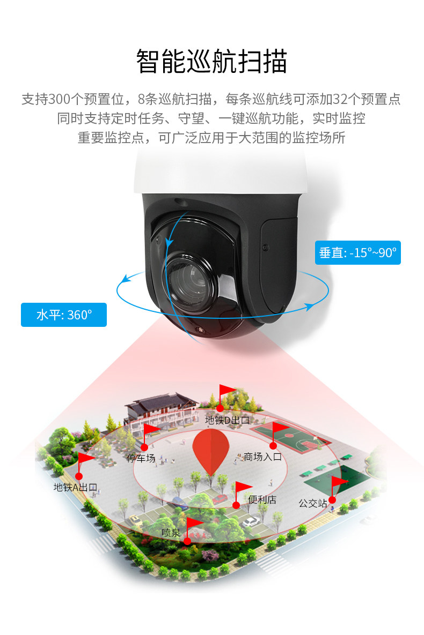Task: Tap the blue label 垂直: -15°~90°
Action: point(357,252)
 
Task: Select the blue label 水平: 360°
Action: point(64,315)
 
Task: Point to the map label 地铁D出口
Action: point(228,420)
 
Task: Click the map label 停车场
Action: point(141,458)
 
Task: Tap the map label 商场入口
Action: point(262,457)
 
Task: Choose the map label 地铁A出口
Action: point(75,487)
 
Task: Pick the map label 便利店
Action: point(262,499)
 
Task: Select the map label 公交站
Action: point(313,503)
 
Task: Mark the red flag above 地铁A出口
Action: point(86,459)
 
